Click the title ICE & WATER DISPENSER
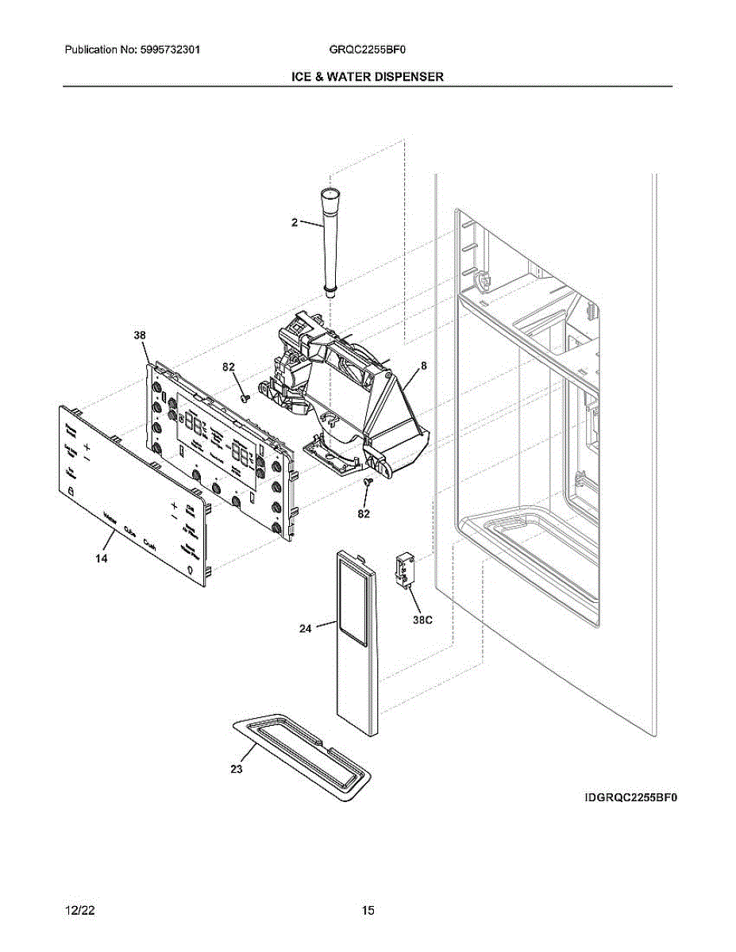click(x=366, y=77)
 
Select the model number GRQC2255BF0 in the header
click(x=368, y=49)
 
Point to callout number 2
click(x=294, y=223)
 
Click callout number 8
click(x=424, y=366)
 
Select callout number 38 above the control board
click(x=140, y=336)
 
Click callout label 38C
click(x=422, y=620)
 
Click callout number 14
click(x=102, y=559)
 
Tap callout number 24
click(x=306, y=629)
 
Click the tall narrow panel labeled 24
click(x=355, y=643)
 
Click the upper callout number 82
click(x=229, y=367)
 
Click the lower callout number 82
click(x=364, y=514)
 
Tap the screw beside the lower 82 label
click(x=367, y=482)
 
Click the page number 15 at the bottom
click(x=368, y=911)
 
